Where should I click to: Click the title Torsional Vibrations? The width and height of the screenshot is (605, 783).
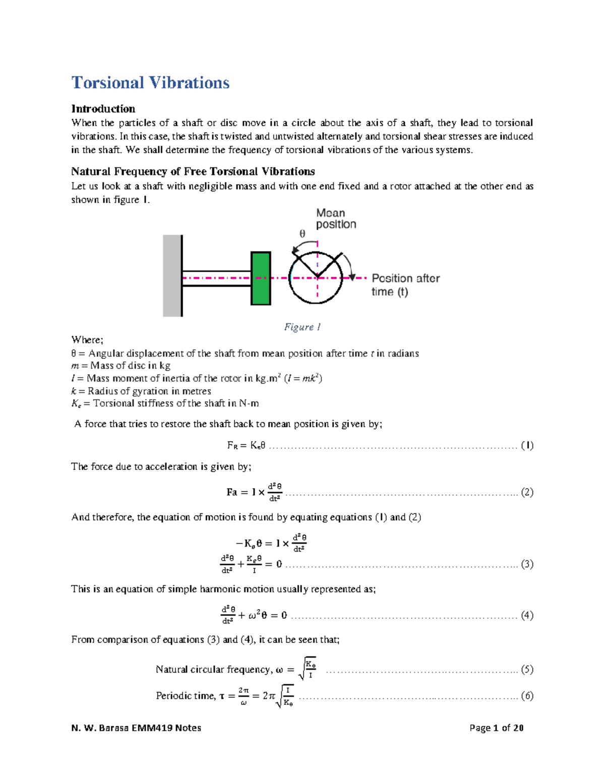coord(150,83)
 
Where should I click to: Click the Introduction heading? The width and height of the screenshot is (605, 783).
coord(103,109)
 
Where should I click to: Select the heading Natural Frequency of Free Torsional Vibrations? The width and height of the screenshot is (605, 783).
coord(193,171)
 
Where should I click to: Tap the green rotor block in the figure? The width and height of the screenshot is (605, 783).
coord(261,278)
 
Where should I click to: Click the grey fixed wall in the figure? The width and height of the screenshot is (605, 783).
coord(172,276)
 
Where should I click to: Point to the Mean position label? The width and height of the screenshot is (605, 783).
coord(336,219)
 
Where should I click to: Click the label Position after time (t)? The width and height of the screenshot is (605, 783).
coord(405,285)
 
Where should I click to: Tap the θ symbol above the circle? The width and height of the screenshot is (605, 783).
coord(302,234)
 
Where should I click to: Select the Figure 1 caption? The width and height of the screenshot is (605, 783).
coord(302,327)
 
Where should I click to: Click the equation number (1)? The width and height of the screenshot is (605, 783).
coord(527,445)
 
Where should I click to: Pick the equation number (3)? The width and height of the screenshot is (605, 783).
coord(527,564)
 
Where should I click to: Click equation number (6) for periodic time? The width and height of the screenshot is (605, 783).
coord(527,696)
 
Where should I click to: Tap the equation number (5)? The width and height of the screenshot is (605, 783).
coord(527,670)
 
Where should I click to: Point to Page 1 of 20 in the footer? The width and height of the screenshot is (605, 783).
coord(496,728)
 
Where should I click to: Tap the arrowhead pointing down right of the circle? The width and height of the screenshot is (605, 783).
coord(352,277)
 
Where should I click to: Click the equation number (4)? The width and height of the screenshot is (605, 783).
coord(527,615)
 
